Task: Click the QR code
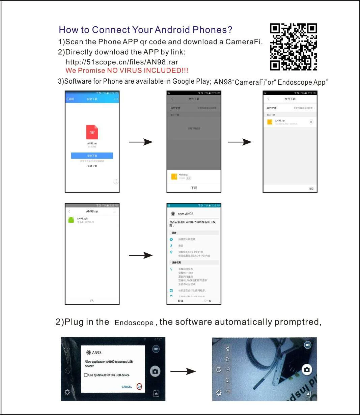(x=293, y=47)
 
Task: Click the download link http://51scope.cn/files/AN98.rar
(x=122, y=62)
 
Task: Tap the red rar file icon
(x=92, y=132)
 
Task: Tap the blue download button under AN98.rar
(x=92, y=156)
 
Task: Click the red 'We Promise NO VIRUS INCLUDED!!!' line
(x=127, y=71)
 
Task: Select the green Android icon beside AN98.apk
(x=71, y=220)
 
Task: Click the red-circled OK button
(x=139, y=387)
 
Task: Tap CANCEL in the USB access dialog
(x=127, y=387)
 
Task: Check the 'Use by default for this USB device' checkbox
(x=86, y=375)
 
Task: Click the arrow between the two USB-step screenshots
(x=183, y=371)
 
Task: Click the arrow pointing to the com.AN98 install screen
(x=141, y=255)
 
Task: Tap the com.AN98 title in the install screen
(x=185, y=214)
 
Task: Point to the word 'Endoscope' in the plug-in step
(x=134, y=323)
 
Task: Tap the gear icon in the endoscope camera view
(x=219, y=393)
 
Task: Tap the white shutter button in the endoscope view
(x=307, y=369)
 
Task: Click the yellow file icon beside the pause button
(x=270, y=122)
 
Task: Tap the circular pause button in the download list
(x=311, y=122)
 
